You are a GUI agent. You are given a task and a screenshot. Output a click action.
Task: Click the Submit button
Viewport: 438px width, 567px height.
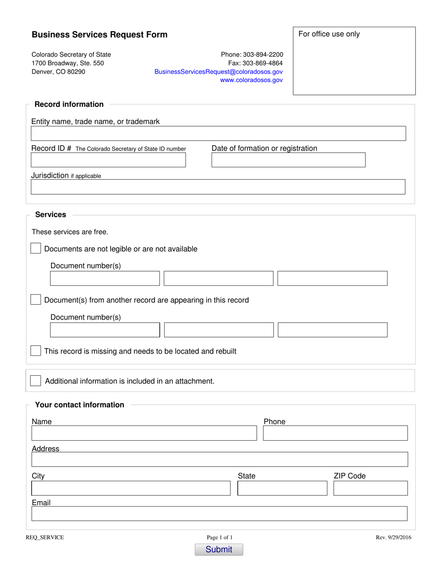[219, 549]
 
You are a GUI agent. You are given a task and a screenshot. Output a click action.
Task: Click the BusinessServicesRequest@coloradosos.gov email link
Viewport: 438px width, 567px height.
[219, 72]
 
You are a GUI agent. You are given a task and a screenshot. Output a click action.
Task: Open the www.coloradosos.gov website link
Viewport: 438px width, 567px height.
[251, 80]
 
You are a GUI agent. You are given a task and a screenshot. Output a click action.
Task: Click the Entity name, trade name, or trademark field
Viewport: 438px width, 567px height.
[218, 133]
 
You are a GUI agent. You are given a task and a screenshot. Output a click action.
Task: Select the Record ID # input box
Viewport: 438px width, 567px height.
[108, 160]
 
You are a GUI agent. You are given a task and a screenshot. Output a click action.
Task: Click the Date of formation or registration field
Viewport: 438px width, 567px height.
[288, 160]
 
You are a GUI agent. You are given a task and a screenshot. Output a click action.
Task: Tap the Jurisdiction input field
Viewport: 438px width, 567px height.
[218, 187]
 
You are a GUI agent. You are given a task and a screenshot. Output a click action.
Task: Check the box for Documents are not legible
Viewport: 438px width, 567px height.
[36, 248]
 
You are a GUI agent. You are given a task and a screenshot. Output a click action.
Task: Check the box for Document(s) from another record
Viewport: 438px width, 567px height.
[36, 300]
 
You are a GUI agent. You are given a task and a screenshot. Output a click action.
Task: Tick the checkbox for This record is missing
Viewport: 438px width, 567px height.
[36, 351]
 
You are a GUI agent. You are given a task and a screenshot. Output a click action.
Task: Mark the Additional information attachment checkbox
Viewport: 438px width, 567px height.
[36, 381]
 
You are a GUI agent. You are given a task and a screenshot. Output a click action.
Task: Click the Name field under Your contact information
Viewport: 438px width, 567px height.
[144, 433]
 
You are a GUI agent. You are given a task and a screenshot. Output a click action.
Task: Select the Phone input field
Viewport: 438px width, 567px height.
[335, 433]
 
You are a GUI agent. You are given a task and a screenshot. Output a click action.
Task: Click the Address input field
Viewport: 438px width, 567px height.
[219, 460]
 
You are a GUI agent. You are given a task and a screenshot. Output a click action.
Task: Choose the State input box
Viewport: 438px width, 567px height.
[282, 488]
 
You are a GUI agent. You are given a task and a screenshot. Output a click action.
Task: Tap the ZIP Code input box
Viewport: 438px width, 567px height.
[370, 488]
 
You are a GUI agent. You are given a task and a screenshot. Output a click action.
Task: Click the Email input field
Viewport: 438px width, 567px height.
[219, 514]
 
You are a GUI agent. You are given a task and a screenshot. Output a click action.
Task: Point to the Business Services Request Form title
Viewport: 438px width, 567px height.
[100, 35]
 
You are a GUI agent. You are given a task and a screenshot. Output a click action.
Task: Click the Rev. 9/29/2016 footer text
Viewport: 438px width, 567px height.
[393, 537]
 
